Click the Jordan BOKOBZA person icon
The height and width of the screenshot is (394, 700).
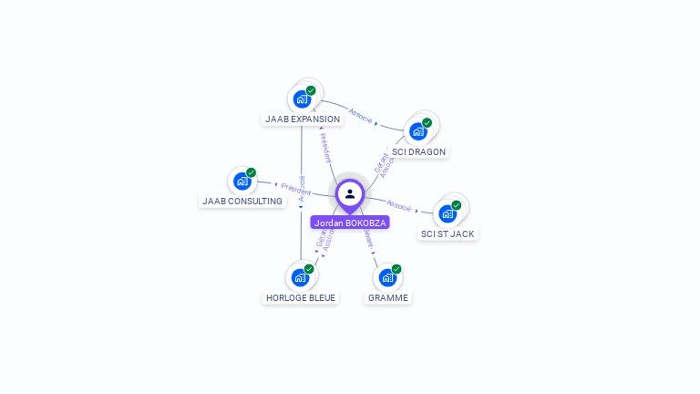350,193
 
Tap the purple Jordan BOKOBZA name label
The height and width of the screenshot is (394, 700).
350,223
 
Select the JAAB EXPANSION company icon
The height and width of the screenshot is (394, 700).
301,98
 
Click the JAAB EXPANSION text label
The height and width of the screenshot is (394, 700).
303,119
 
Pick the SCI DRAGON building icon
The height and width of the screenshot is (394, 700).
418,130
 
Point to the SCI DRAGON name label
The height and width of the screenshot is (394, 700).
419,151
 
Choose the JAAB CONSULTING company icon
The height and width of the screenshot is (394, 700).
242,181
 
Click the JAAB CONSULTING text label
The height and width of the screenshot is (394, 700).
242,201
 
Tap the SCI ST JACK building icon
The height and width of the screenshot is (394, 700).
448,213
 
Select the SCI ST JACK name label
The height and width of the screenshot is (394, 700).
448,233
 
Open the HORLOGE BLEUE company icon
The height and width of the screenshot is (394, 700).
300,277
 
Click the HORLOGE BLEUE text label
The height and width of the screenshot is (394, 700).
300,297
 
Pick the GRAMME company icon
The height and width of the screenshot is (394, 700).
387,277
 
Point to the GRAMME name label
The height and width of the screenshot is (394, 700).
388,297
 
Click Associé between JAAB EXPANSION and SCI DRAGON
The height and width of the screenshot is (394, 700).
361,115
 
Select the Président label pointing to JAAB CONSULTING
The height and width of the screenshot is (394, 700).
295,188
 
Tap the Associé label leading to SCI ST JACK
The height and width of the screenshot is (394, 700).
399,204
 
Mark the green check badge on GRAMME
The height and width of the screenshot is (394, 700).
396,269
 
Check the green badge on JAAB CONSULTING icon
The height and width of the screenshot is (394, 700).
252,172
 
